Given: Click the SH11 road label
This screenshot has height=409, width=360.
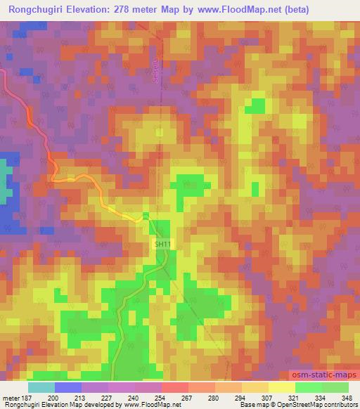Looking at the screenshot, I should (162, 244).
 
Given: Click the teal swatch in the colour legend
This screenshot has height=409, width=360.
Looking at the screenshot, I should (41, 387).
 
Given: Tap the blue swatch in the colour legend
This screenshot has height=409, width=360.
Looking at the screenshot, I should (68, 387).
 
